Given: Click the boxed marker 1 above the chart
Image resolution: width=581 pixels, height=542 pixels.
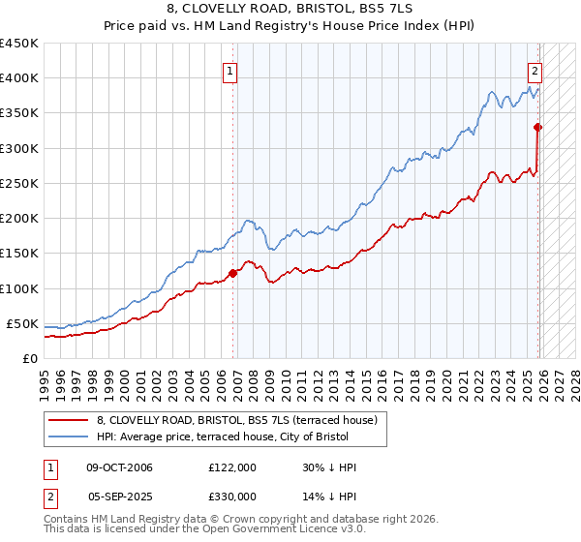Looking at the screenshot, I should (230, 70).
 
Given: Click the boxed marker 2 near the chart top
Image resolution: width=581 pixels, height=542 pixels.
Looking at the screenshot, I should (534, 70).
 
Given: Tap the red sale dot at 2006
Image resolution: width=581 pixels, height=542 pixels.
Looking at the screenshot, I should (232, 273).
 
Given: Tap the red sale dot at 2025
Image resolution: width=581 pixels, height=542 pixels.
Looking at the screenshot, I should (537, 127).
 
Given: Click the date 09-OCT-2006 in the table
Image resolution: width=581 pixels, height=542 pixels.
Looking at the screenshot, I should (120, 467).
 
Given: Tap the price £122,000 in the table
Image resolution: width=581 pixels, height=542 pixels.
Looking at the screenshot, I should (232, 467).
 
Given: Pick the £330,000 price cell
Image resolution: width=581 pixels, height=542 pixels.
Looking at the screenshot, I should (232, 496).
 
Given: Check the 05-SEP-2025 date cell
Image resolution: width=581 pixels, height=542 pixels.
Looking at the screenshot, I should (120, 496).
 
